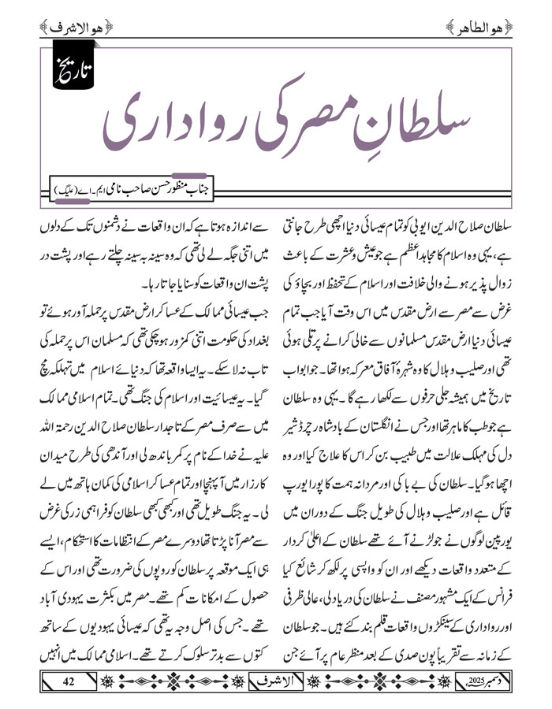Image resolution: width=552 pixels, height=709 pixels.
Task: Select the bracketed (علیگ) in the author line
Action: pos(70,191)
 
